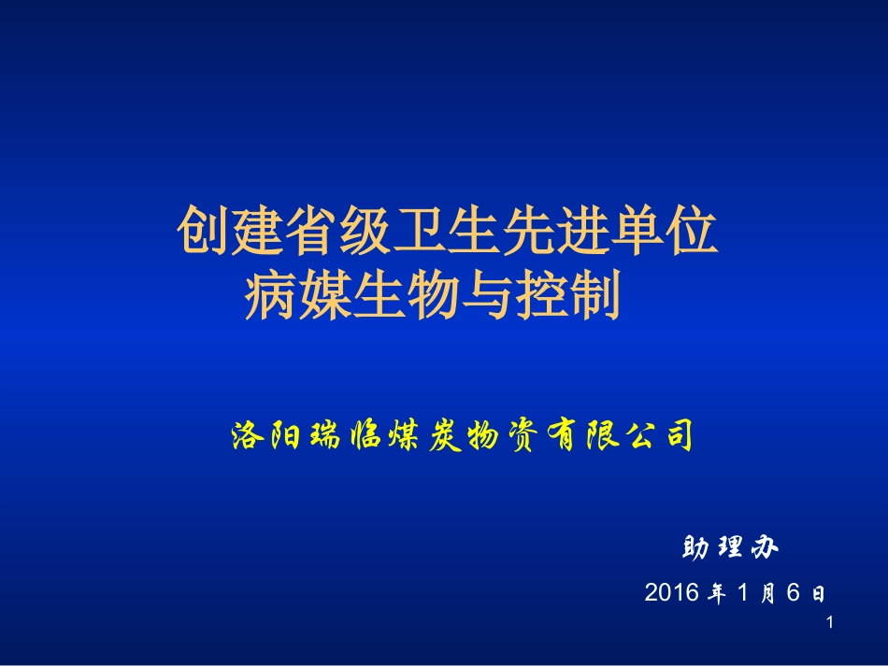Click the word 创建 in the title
(230, 234)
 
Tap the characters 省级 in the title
(338, 234)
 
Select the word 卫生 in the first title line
(447, 234)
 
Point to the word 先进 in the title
(555, 234)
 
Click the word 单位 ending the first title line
(664, 234)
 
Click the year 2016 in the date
(671, 592)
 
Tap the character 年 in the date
(717, 592)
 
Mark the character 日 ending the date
(818, 593)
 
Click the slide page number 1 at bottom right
(828, 622)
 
